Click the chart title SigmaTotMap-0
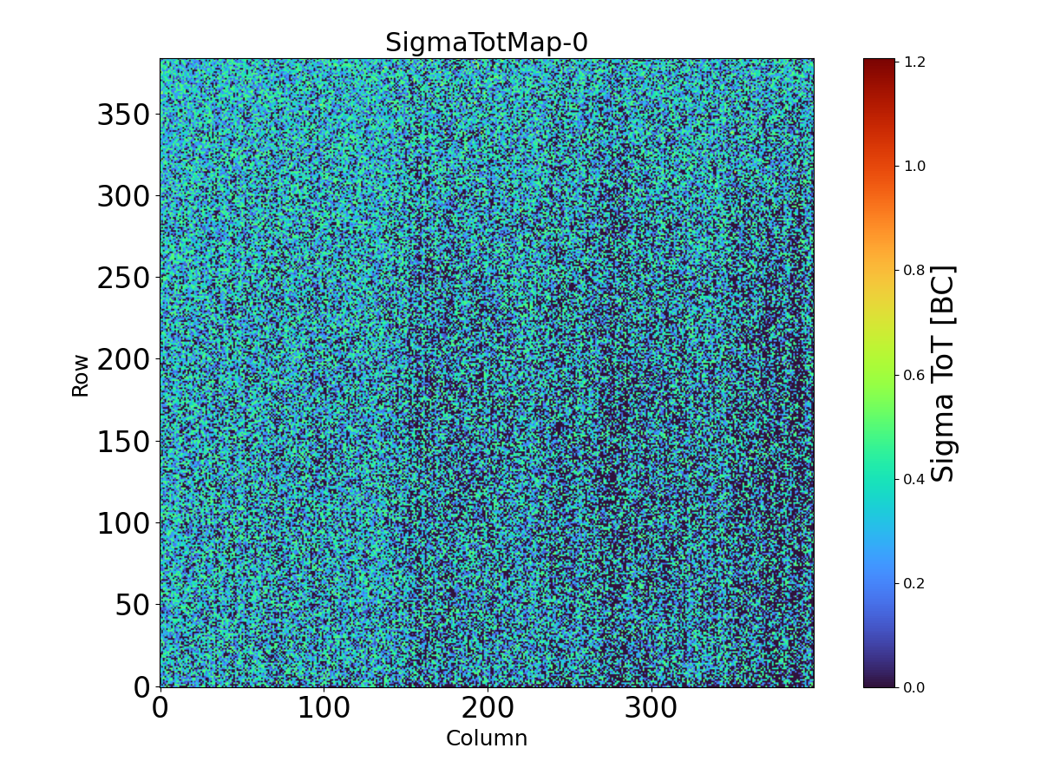point(487,43)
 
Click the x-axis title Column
point(487,738)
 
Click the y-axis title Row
point(81,375)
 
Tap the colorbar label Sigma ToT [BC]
point(943,374)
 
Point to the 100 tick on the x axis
point(324,708)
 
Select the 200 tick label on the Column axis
point(488,708)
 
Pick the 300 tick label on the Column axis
point(651,708)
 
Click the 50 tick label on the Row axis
point(132,605)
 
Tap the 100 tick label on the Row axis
point(123,523)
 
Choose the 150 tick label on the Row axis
point(123,442)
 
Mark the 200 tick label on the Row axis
point(123,359)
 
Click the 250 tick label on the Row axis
point(123,278)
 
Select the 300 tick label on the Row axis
point(123,196)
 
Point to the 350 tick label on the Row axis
point(123,115)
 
